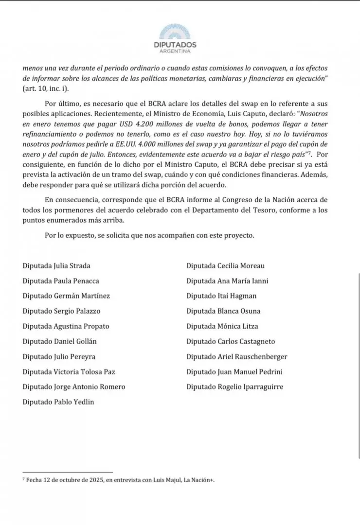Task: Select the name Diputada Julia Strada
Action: [x=56, y=266]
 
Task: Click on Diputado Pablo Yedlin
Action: [x=58, y=402]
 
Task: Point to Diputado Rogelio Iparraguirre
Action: [x=234, y=387]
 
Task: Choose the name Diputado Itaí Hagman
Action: [x=221, y=296]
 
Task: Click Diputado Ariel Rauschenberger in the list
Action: [x=236, y=357]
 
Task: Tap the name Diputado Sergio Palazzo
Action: [x=61, y=311]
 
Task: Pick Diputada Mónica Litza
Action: [x=222, y=326]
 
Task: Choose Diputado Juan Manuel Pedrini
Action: [x=234, y=372]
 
